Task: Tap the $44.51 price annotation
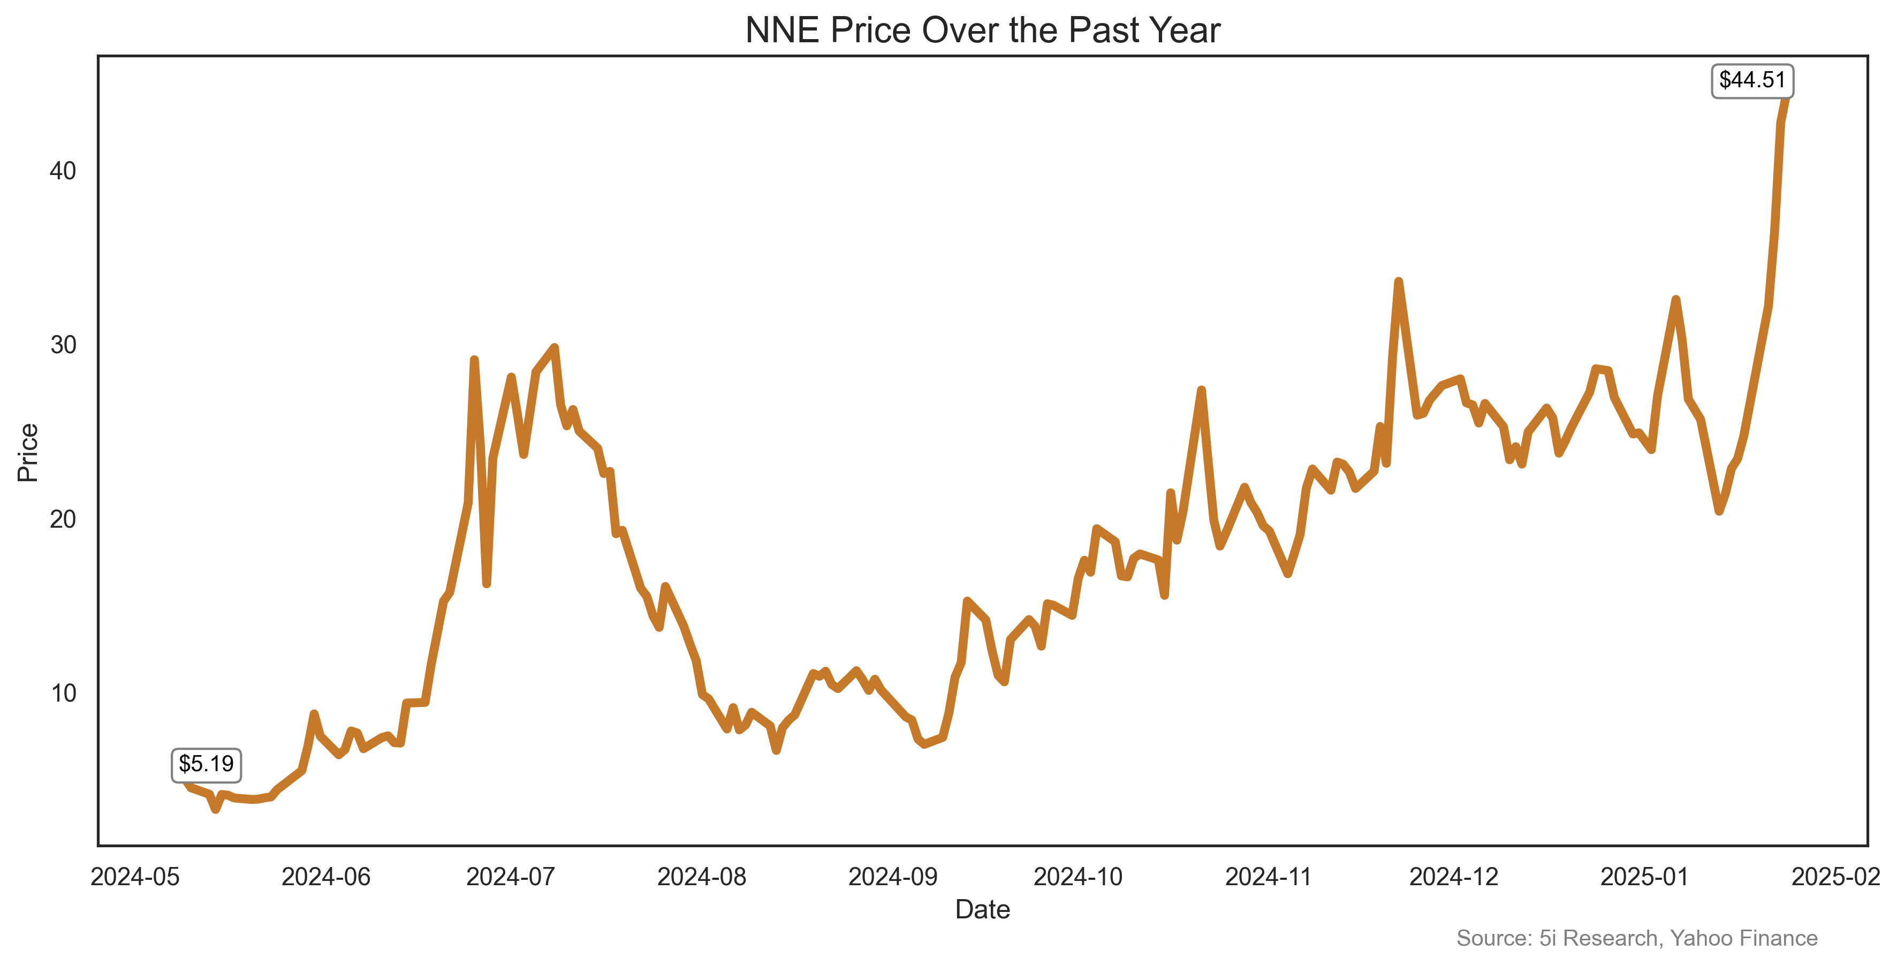pos(1752,80)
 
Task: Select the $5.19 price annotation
pos(206,764)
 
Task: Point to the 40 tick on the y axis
pos(63,171)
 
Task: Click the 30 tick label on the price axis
pos(63,345)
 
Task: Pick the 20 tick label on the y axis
pos(63,519)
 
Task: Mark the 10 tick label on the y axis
pos(63,693)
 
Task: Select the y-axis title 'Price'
pos(28,452)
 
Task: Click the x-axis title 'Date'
pos(982,909)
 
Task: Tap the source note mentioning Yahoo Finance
pos(1636,938)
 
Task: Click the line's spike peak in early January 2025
pos(1675,299)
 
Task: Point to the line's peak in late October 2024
pos(1201,390)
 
